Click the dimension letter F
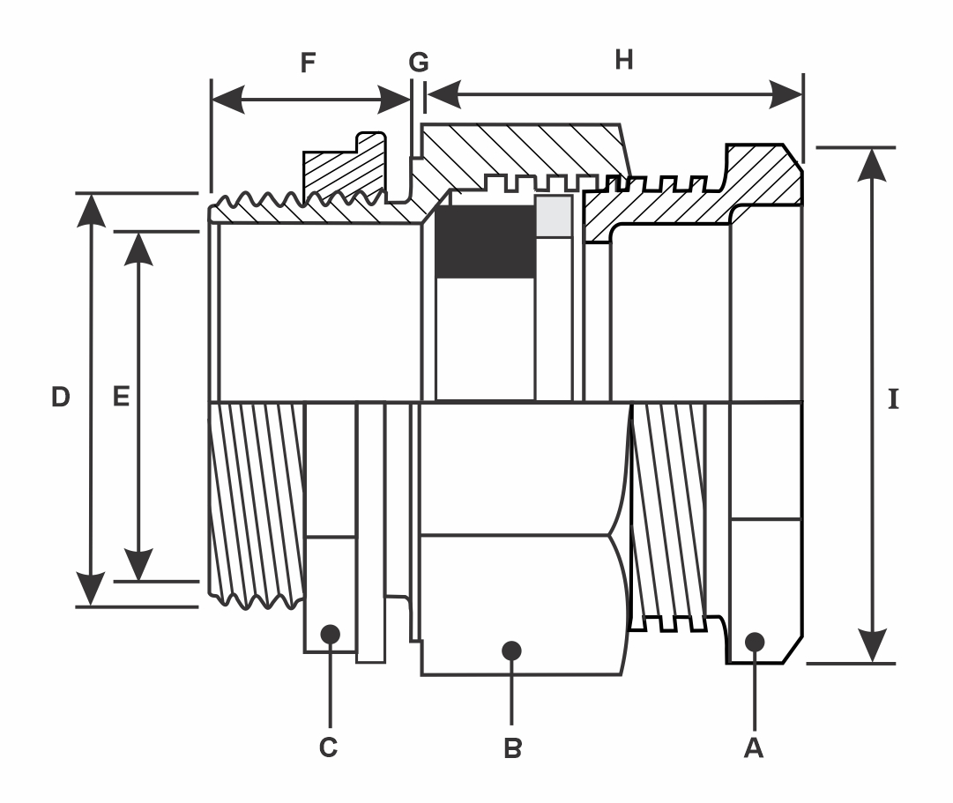click(309, 63)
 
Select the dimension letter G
click(419, 62)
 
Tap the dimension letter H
click(624, 60)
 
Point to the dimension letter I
click(893, 399)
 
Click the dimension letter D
click(60, 397)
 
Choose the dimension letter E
click(122, 397)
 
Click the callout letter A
click(754, 747)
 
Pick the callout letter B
click(512, 748)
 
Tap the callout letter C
click(328, 747)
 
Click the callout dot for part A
click(755, 642)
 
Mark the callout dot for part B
click(511, 651)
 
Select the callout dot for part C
click(330, 634)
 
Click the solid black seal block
click(487, 242)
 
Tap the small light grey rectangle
click(554, 216)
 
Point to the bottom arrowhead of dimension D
click(91, 589)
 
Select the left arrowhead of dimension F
click(228, 99)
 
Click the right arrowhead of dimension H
click(785, 94)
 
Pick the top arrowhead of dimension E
click(138, 249)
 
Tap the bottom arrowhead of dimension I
click(872, 646)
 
